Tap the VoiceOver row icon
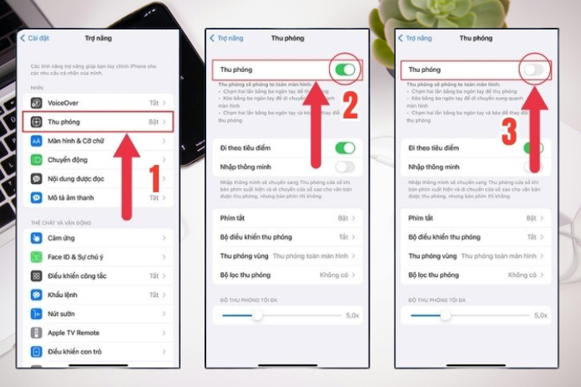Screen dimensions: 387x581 (36, 102)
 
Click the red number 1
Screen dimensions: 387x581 (154, 178)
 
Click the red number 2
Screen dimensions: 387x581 (350, 106)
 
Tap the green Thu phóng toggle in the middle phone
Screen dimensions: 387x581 (345, 70)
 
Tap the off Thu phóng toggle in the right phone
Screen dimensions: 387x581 (534, 70)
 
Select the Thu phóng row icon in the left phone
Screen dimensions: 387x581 (36, 122)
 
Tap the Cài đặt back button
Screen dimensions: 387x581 (34, 38)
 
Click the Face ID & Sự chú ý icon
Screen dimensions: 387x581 (36, 256)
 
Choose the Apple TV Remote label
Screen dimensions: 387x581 (74, 333)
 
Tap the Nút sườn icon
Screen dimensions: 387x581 (36, 313)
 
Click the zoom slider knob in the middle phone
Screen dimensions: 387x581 (257, 315)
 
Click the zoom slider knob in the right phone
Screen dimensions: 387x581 (445, 315)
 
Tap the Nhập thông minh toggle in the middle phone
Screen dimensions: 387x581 (345, 166)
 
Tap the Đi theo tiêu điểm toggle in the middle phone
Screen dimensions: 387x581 (345, 148)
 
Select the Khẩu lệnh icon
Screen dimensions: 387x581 (36, 295)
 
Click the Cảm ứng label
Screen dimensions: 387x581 (61, 238)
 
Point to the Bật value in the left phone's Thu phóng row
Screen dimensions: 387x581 (153, 122)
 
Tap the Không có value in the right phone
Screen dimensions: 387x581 (522, 275)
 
